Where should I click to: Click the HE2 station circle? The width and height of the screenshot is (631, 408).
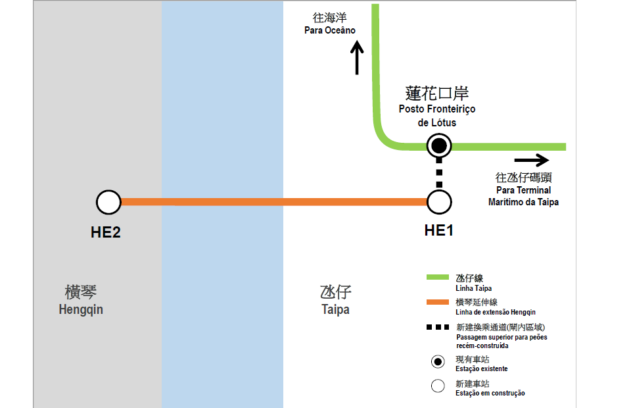[108, 203]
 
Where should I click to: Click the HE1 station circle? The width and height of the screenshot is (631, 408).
[439, 203]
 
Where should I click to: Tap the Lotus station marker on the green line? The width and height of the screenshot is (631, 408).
[439, 146]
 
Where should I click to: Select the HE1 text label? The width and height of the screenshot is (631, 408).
[439, 230]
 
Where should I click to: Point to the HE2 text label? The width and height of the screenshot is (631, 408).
[106, 232]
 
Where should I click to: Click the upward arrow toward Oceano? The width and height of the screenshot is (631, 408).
[358, 58]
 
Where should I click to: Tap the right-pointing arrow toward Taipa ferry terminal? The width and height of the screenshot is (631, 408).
[531, 160]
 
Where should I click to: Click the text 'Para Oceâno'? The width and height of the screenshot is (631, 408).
[330, 30]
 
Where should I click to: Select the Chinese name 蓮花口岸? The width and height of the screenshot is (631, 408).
[437, 93]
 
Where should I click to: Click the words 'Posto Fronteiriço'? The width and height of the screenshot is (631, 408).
[437, 109]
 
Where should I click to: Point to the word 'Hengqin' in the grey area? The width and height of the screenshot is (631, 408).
[81, 309]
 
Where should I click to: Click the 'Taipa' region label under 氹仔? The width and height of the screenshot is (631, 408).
[335, 309]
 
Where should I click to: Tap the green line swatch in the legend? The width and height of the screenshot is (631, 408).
[438, 278]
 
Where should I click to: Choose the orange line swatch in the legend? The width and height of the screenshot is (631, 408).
[438, 302]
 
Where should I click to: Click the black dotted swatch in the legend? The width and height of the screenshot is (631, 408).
[438, 327]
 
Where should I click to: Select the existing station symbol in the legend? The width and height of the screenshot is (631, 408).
[438, 361]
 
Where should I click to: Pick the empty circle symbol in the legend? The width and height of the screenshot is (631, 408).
[438, 386]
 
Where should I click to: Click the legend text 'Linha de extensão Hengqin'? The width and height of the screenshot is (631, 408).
[495, 312]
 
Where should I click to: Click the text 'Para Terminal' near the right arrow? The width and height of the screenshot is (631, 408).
[524, 191]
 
